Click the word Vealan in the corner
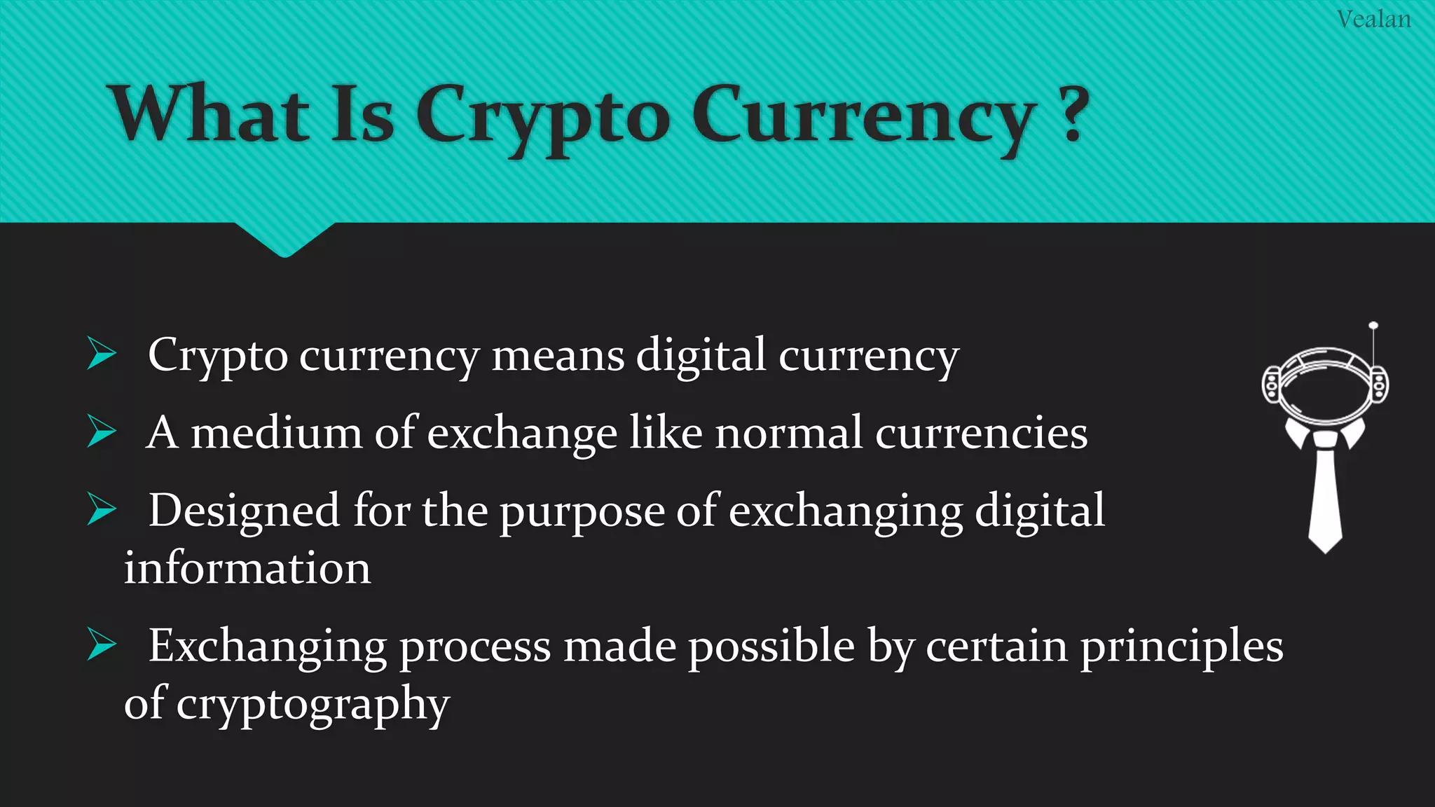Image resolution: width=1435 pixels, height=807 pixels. (x=1373, y=19)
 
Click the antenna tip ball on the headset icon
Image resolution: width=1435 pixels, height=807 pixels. (x=1373, y=326)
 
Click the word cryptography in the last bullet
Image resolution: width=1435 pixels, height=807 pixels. (x=313, y=703)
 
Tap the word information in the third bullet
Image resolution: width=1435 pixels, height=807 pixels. (x=247, y=567)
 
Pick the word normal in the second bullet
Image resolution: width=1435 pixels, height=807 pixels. (x=788, y=432)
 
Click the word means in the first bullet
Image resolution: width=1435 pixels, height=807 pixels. (x=558, y=355)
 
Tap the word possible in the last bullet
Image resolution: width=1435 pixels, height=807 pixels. (x=771, y=646)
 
